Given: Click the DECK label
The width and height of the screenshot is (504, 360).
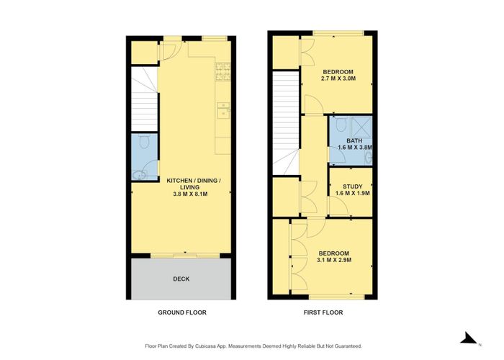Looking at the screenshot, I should pos(181,279).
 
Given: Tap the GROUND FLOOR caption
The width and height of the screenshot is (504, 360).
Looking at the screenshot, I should pos(181,312).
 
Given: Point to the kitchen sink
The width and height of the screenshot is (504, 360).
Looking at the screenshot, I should pos(224,110).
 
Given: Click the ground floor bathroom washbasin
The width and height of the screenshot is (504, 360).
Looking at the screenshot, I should pos(144,174).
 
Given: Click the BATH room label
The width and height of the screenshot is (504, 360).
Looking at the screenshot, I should pos(354,141).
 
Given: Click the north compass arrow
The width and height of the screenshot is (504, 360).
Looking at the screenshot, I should pos(467,338).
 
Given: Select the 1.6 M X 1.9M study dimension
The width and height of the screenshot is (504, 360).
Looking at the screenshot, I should pos(353,194).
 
